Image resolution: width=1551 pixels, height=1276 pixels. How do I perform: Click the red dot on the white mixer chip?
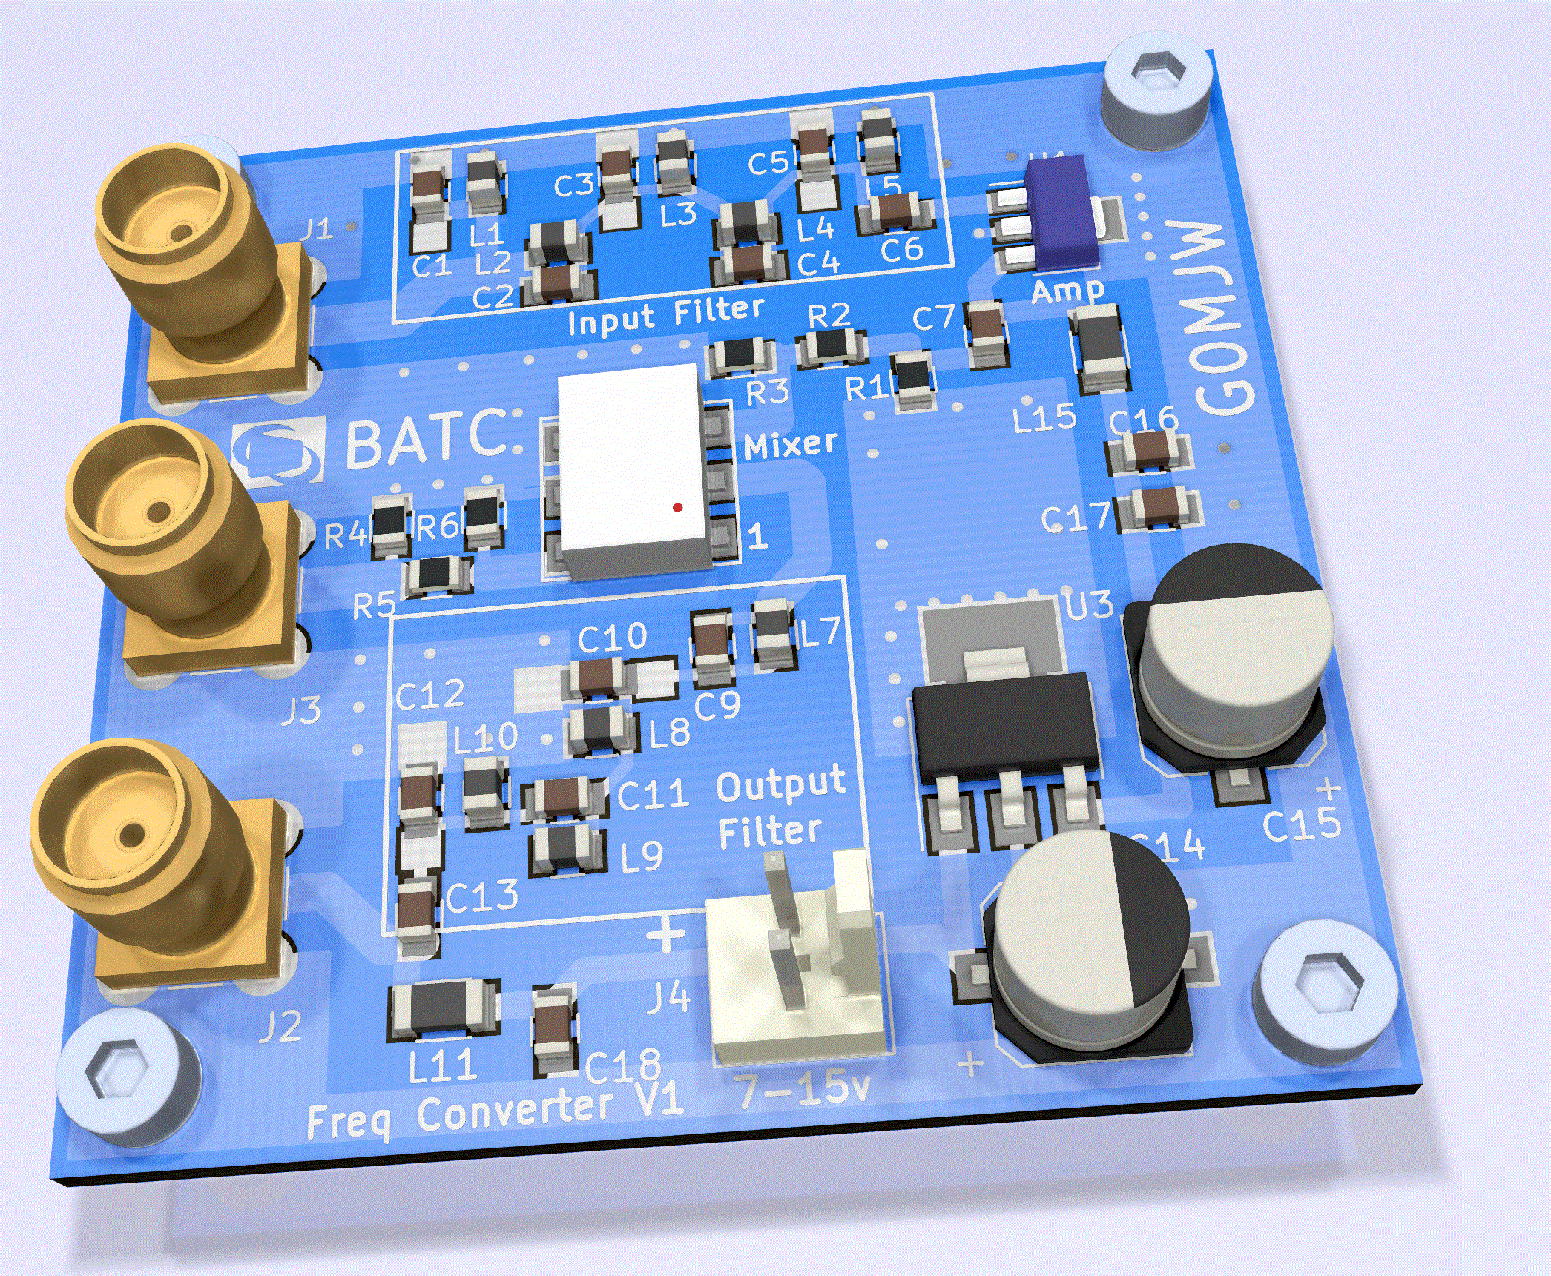coord(677,508)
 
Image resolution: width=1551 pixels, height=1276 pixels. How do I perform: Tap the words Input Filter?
coord(665,317)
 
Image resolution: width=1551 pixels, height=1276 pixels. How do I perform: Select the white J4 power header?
coord(797,971)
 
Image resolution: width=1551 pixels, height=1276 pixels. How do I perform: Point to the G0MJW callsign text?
coord(1216,319)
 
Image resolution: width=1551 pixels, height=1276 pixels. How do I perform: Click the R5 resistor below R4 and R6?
coord(438,575)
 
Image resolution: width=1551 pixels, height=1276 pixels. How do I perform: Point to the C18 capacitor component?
coord(553,1031)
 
